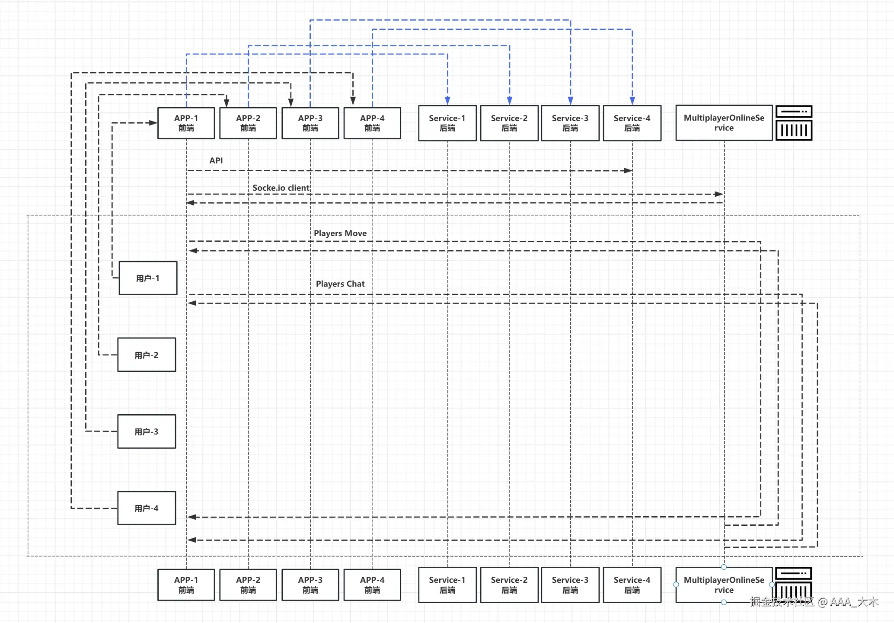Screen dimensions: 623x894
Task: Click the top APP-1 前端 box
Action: (x=186, y=123)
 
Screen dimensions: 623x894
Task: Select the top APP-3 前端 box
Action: (x=310, y=123)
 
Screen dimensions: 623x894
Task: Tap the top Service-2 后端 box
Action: (x=509, y=123)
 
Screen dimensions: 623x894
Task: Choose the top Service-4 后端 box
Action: (x=632, y=123)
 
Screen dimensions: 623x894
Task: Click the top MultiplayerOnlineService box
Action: (x=724, y=123)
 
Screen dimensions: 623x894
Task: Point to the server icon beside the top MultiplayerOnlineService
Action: (x=794, y=123)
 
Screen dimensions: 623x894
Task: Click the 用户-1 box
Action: (x=148, y=278)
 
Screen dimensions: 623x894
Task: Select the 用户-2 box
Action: (x=147, y=355)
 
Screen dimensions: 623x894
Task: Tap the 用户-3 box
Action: (x=147, y=431)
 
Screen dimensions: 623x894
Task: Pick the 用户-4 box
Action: (x=147, y=508)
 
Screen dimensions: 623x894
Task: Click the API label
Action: (x=216, y=160)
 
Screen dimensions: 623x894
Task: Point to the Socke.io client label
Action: (x=281, y=188)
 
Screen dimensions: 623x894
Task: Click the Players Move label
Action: (x=340, y=233)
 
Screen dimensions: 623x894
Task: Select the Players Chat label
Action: (x=340, y=284)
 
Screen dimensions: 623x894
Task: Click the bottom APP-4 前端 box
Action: (x=372, y=585)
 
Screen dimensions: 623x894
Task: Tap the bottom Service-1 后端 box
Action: (x=447, y=585)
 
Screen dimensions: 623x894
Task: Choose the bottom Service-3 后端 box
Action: (x=570, y=585)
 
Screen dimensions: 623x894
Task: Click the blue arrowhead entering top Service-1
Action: (x=447, y=100)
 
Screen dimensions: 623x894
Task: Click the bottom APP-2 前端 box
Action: (x=248, y=585)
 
